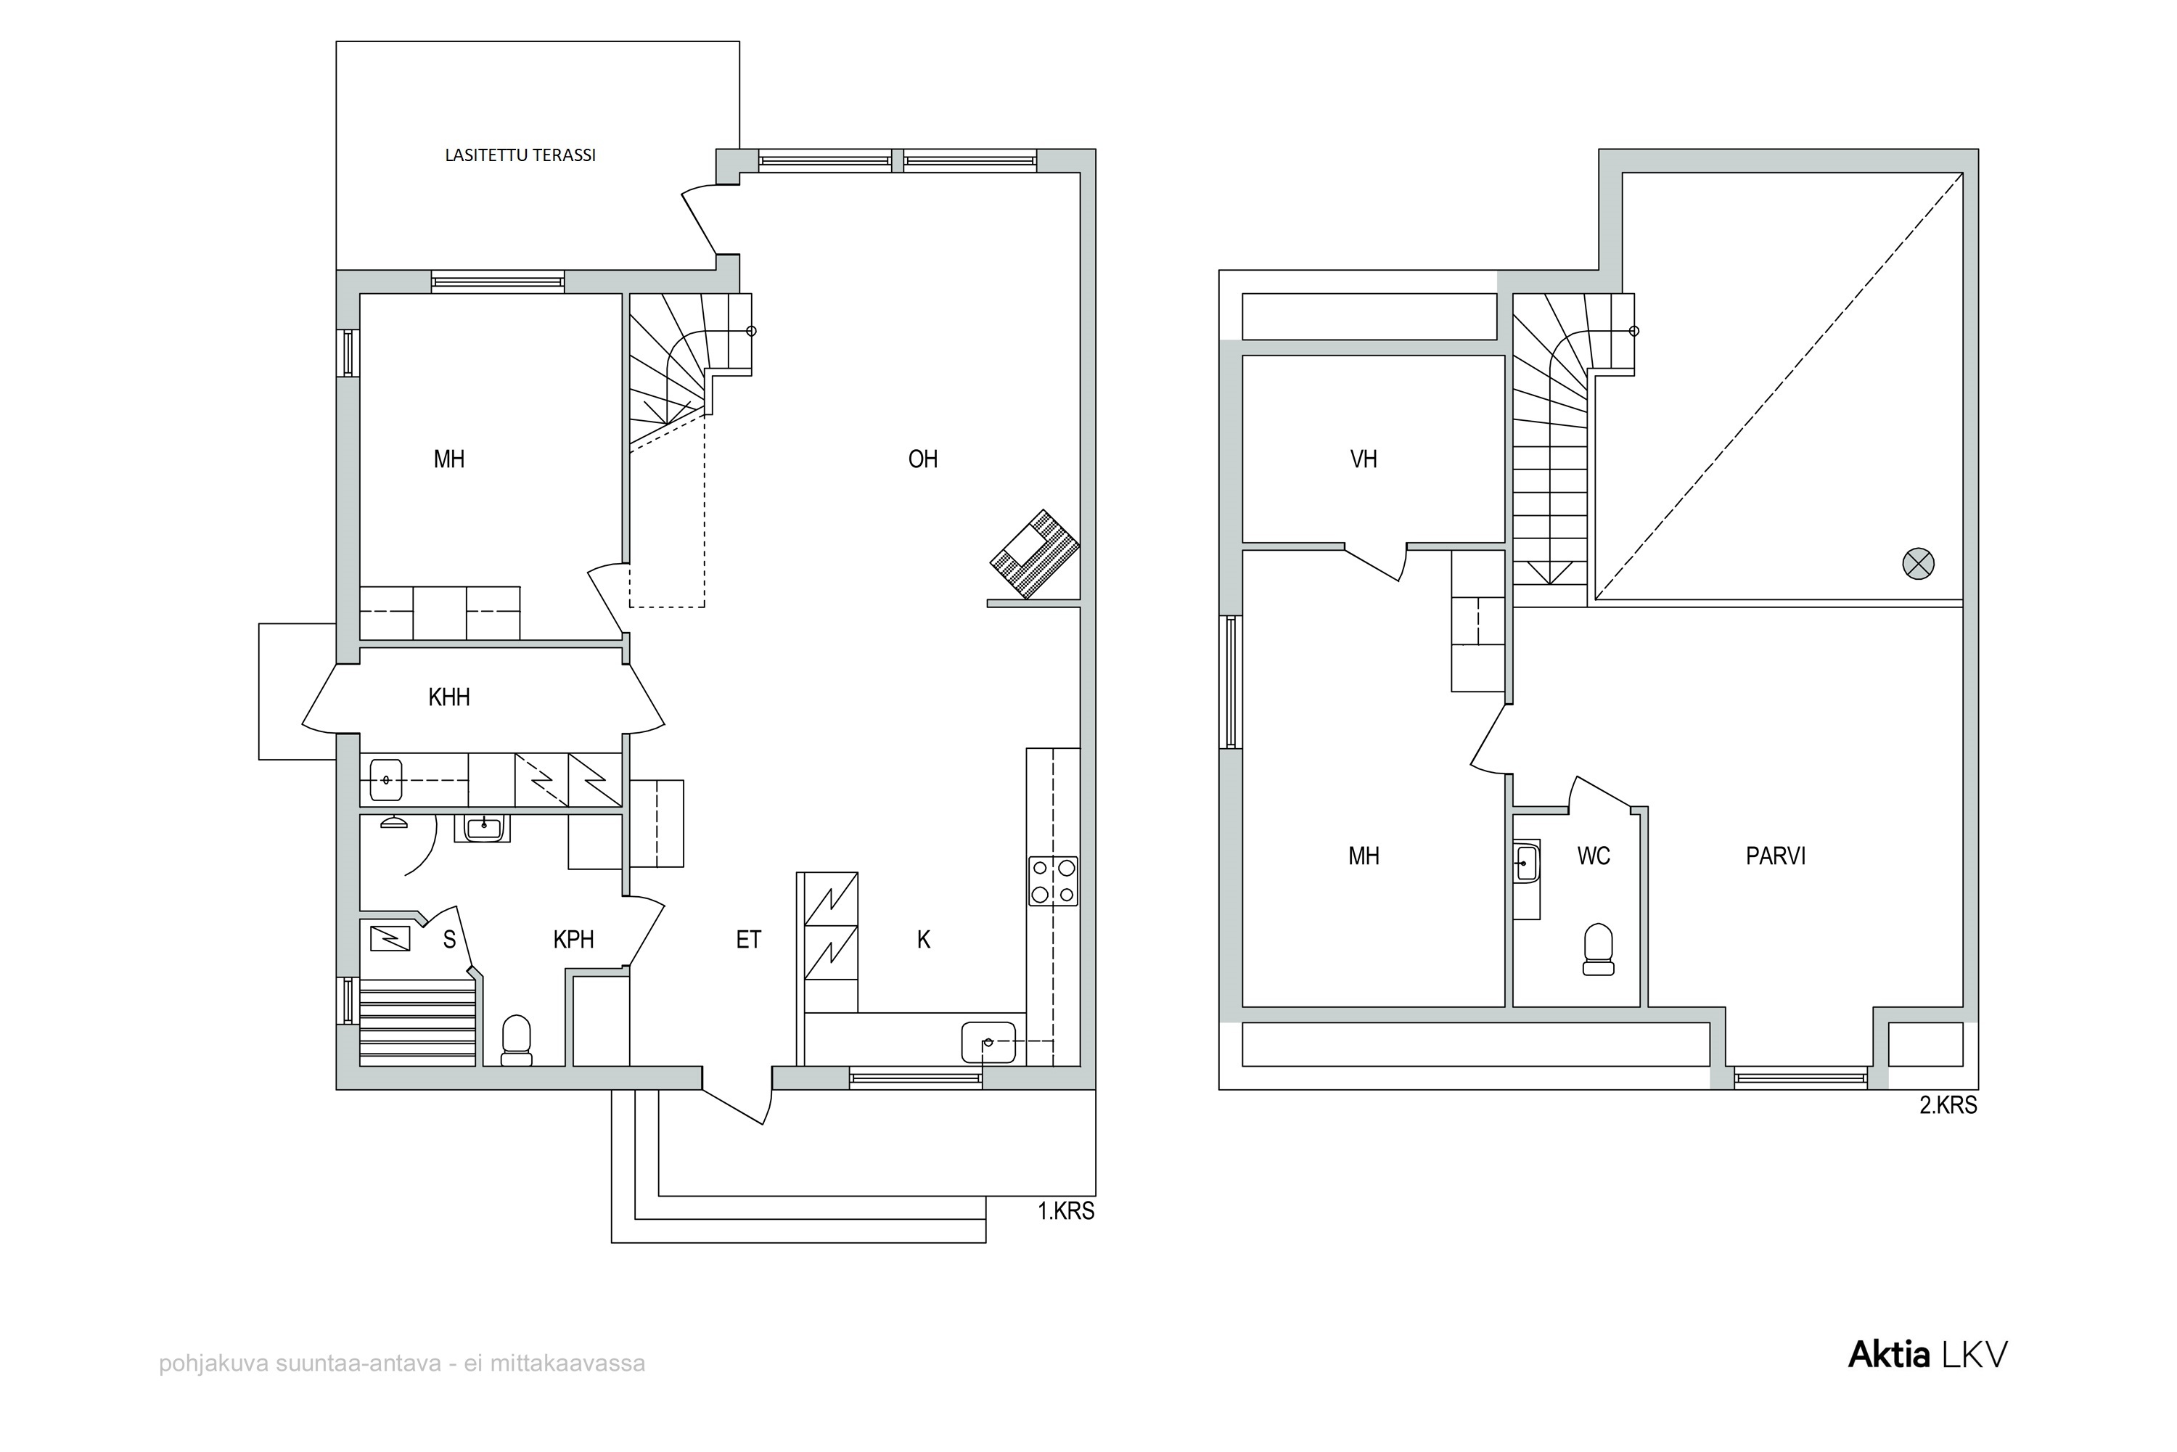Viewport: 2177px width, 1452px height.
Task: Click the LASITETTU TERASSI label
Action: click(520, 155)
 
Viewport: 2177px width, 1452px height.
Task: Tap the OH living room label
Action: click(922, 459)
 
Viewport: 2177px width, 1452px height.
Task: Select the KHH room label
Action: click(449, 697)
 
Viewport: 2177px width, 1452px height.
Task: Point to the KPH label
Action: click(573, 940)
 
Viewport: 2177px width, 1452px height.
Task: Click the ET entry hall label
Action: click(748, 940)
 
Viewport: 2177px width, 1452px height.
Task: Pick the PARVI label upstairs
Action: click(1776, 856)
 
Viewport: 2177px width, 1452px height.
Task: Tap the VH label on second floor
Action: click(1364, 459)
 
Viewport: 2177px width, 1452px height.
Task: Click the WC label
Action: click(1594, 856)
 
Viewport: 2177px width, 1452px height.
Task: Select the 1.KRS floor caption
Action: click(1066, 1211)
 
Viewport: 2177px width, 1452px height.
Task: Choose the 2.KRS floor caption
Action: click(1948, 1106)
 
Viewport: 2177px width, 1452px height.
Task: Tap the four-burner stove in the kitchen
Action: click(1054, 881)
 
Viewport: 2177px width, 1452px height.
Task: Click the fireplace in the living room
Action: click(1034, 554)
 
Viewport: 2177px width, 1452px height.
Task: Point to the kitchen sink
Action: click(988, 1042)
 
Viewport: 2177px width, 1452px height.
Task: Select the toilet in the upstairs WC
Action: click(1598, 949)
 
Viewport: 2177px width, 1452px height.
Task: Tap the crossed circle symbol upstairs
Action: click(1918, 564)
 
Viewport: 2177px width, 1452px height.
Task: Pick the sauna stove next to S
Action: click(390, 939)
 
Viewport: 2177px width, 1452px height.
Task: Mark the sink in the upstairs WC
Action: click(1527, 863)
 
